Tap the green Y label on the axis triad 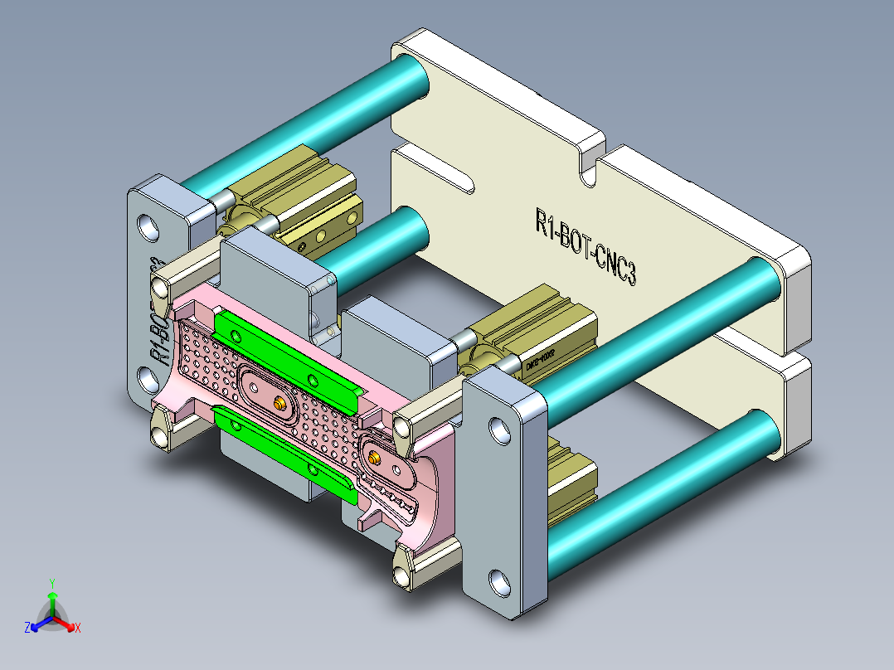coord(51,583)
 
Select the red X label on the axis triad coord(78,628)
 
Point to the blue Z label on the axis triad coord(27,628)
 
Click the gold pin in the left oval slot coord(280,402)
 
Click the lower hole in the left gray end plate coord(150,381)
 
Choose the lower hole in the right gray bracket coord(500,582)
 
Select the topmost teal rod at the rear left coord(307,124)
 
